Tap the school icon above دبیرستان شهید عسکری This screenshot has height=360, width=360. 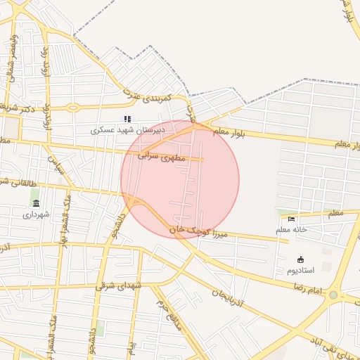coord(127,119)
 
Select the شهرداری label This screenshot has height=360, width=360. coord(36,214)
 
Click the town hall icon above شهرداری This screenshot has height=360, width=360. coord(36,203)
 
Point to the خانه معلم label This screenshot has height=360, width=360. coord(292,229)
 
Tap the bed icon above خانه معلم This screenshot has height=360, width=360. coord(292,219)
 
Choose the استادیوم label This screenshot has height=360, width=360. coord(301,271)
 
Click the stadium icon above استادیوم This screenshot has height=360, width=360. coord(301,259)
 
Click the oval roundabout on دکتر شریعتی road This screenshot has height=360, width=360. coord(73,108)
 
